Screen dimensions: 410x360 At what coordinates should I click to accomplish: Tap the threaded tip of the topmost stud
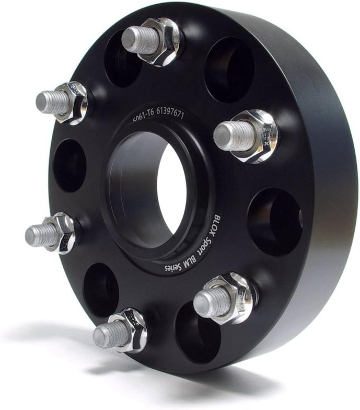(x=134, y=40)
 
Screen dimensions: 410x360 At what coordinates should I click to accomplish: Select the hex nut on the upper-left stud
(x=76, y=102)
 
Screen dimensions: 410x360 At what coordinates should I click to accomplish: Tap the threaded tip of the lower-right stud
(x=207, y=303)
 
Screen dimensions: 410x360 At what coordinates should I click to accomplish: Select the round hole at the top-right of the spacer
(x=230, y=70)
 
